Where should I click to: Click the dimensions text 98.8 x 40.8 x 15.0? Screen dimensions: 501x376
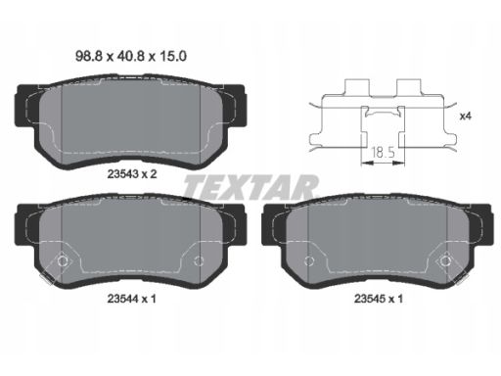131,56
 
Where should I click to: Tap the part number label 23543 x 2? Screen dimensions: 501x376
132,174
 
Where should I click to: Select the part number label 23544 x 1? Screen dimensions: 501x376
132,299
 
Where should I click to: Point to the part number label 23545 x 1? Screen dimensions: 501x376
379,299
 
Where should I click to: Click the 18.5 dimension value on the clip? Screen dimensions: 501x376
383,152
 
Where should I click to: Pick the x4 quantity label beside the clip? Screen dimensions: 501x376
466,116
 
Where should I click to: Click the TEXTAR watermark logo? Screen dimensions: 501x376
250,187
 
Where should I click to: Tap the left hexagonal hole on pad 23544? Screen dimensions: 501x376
63,260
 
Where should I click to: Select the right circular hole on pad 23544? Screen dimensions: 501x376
199,260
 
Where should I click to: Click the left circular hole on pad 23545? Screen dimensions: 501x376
309,260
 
